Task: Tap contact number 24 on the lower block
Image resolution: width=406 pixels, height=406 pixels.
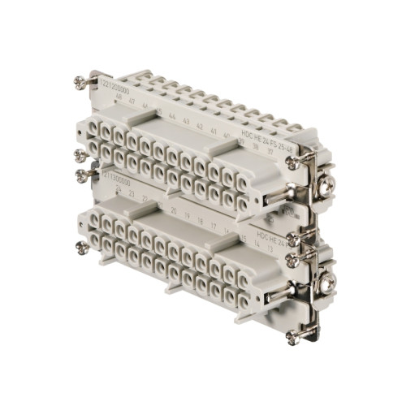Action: pyautogui.click(x=119, y=188)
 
